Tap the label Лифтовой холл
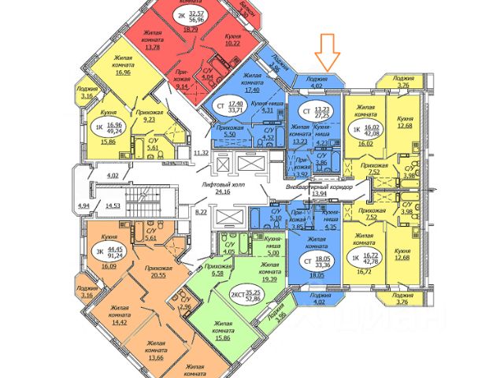(x=206, y=182)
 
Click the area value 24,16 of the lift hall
(x=206, y=191)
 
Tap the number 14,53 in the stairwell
(x=112, y=206)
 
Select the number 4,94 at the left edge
(x=83, y=206)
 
